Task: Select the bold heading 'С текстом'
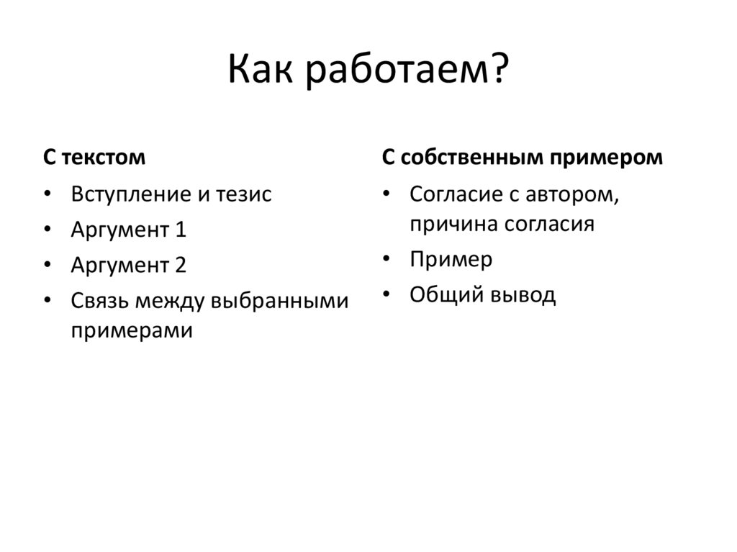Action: pyautogui.click(x=94, y=158)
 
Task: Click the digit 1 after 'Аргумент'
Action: pyautogui.click(x=181, y=230)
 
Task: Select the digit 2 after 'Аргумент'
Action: pyautogui.click(x=181, y=265)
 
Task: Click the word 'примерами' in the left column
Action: pyautogui.click(x=132, y=331)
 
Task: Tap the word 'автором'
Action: pyautogui.click(x=572, y=194)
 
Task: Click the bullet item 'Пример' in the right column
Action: pyautogui.click(x=451, y=260)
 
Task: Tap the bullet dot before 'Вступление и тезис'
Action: pyautogui.click(x=48, y=195)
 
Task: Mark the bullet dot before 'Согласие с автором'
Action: pyautogui.click(x=387, y=195)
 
